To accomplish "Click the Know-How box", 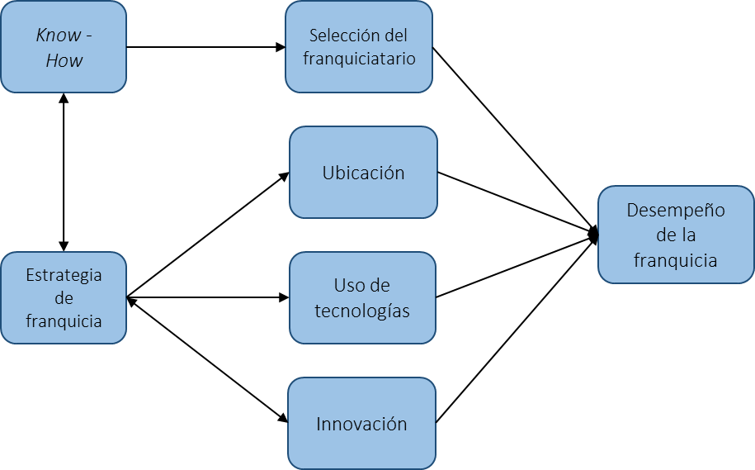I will pos(64,47).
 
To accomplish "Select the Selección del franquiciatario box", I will pos(359,47).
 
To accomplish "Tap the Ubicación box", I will pos(363,173).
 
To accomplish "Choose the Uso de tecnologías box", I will pos(362,298).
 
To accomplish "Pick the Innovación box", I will pos(361,424).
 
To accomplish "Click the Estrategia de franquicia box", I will pos(64,298).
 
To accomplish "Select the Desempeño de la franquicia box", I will pos(676,235).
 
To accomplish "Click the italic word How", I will pos(64,60).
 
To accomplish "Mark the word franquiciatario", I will pos(359,59).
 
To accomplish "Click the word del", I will pos(396,36).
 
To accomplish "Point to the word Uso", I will pos(350,286).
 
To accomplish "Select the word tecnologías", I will pos(362,311).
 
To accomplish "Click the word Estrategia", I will pos(64,275).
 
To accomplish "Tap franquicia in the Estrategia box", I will pos(64,321).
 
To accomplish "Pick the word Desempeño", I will pos(676,210).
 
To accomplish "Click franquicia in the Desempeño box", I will pos(676,260).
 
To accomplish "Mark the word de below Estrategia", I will pos(64,298).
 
